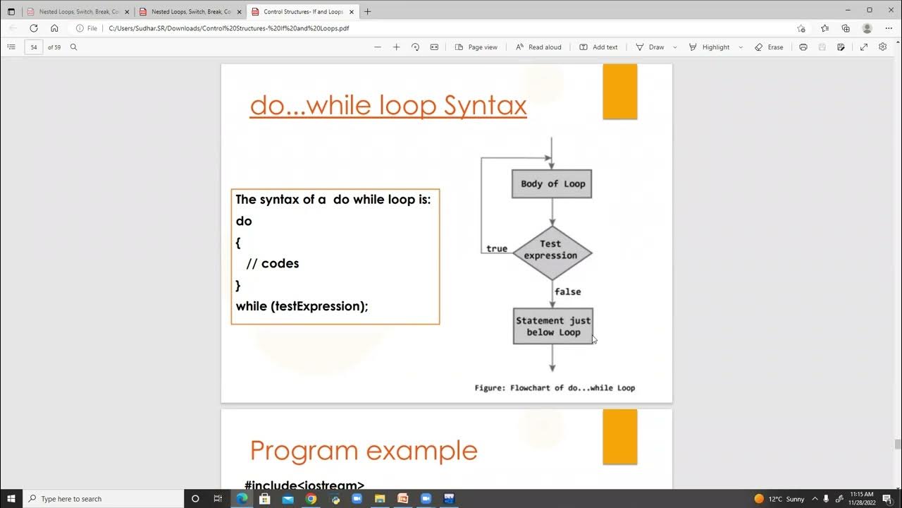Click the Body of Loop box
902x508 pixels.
click(x=552, y=184)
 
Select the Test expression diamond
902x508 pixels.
click(x=552, y=253)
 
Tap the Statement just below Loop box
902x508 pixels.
click(x=552, y=326)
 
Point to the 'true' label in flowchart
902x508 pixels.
click(x=497, y=248)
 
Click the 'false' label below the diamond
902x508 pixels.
click(x=567, y=291)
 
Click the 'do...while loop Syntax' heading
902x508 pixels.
click(x=388, y=106)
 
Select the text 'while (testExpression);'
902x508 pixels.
click(x=302, y=306)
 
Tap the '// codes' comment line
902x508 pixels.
click(x=273, y=263)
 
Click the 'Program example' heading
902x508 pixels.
click(x=364, y=450)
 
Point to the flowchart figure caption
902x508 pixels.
click(x=555, y=387)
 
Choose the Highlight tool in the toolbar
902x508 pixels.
click(x=710, y=47)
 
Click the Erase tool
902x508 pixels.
click(x=769, y=47)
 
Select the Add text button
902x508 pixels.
click(x=598, y=47)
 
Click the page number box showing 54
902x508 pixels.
click(x=34, y=47)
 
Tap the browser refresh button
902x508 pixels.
click(x=33, y=28)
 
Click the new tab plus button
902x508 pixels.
click(x=367, y=11)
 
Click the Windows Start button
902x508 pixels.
click(x=11, y=499)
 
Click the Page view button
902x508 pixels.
click(x=476, y=47)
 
